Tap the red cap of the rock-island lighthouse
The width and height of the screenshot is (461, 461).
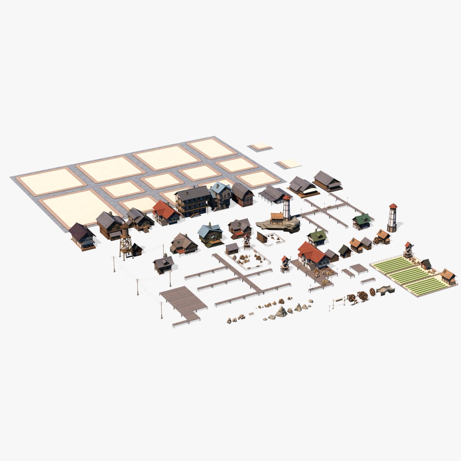(x=286, y=198)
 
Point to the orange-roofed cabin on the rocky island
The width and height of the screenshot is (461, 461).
(x=277, y=218)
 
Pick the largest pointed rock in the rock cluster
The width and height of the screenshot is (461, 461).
(x=281, y=312)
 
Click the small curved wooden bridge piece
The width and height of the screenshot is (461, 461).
(x=385, y=290)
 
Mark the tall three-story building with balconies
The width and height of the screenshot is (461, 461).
(x=193, y=201)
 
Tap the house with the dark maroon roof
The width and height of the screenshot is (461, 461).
(x=82, y=236)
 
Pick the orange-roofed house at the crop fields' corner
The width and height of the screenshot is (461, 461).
(x=448, y=276)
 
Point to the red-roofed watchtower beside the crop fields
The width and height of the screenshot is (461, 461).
(x=408, y=250)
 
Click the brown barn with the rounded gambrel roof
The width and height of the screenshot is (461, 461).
(x=242, y=195)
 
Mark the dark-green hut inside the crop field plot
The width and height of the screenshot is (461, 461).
(x=426, y=264)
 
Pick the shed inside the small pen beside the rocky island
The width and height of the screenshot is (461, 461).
(x=262, y=237)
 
